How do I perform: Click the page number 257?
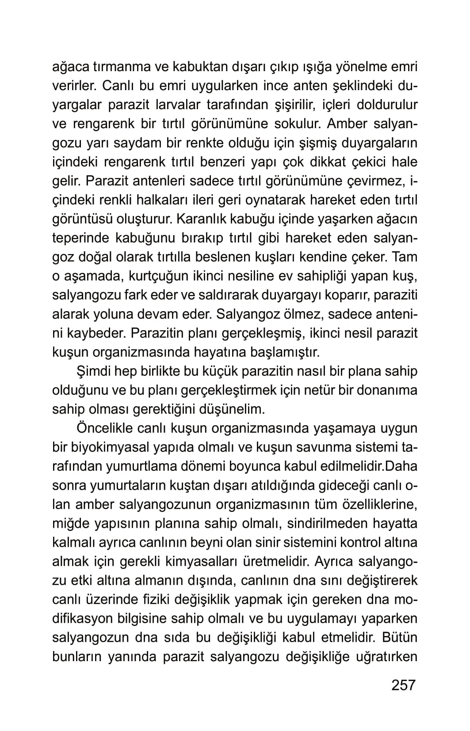tap(404, 685)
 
